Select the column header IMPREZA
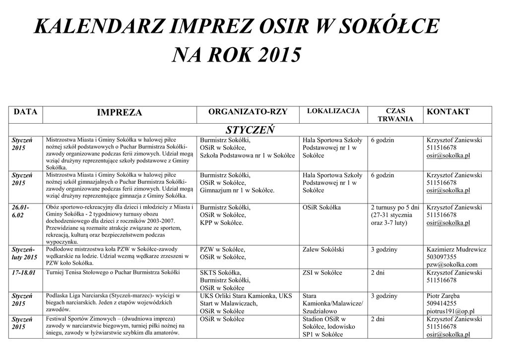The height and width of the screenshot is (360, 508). pyautogui.click(x=119, y=113)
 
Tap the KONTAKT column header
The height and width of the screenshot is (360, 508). pyautogui.click(x=448, y=112)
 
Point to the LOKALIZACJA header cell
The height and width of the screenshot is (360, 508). pyautogui.click(x=333, y=111)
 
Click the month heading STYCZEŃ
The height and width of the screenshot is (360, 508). pyautogui.click(x=251, y=130)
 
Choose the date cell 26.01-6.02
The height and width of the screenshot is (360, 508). pyautogui.click(x=21, y=211)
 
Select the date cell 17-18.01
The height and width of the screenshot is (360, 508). pyautogui.click(x=24, y=273)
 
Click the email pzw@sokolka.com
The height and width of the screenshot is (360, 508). pyautogui.click(x=451, y=265)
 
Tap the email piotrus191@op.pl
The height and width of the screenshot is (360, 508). pyautogui.click(x=450, y=311)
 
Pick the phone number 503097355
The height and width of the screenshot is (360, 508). pyautogui.click(x=442, y=257)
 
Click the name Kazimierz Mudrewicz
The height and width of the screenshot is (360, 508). pyautogui.click(x=456, y=249)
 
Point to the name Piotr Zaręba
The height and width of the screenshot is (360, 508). pyautogui.click(x=444, y=296)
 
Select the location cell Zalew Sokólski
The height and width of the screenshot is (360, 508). pyautogui.click(x=323, y=249)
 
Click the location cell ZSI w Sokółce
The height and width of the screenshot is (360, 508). pyautogui.click(x=322, y=273)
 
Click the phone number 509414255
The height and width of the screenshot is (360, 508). pyautogui.click(x=442, y=303)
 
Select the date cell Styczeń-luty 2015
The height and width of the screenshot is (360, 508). pyautogui.click(x=24, y=253)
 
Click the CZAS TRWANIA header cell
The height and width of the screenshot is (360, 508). pyautogui.click(x=395, y=115)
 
